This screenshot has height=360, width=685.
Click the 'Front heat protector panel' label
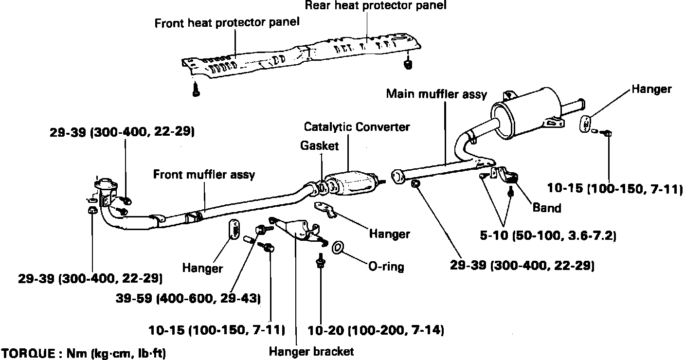click(226, 22)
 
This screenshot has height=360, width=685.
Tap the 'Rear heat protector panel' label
click(375, 6)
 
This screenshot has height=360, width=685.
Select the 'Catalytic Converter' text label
click(357, 127)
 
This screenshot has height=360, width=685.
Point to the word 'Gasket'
click(319, 145)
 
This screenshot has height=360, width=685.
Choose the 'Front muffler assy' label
click(204, 174)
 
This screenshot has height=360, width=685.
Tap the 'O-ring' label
click(386, 266)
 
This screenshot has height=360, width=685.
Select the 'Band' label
click(547, 208)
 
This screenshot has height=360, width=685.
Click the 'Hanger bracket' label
click(311, 351)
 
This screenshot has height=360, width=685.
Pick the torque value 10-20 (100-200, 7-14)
click(376, 330)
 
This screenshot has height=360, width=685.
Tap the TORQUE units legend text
click(83, 353)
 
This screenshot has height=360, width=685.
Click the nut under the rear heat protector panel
click(409, 64)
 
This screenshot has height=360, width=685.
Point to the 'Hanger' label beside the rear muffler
click(651, 89)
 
